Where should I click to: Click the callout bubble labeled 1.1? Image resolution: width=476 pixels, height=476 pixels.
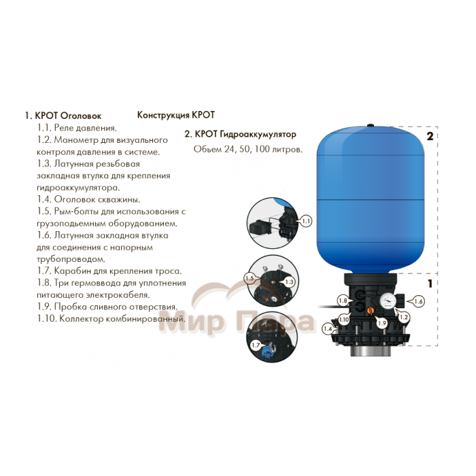pyautogui.click(x=306, y=221)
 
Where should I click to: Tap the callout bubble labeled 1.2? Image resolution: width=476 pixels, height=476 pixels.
pyautogui.click(x=403, y=318)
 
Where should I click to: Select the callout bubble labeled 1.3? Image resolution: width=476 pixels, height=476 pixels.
pyautogui.click(x=290, y=282)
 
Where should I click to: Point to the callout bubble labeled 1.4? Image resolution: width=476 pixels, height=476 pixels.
pyautogui.click(x=328, y=328)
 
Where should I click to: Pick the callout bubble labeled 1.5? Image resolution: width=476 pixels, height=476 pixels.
pyautogui.click(x=250, y=278)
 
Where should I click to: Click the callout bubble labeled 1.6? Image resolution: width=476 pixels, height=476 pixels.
pyautogui.click(x=418, y=301)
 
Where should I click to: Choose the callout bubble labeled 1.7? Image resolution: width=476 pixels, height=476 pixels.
pyautogui.click(x=256, y=345)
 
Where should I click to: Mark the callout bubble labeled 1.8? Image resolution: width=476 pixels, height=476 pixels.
pyautogui.click(x=343, y=301)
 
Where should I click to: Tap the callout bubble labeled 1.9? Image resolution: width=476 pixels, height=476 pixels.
pyautogui.click(x=382, y=323)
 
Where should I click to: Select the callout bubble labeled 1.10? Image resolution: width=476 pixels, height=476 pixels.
pyautogui.click(x=344, y=320)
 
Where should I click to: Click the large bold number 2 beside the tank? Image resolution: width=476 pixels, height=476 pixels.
pyautogui.click(x=430, y=136)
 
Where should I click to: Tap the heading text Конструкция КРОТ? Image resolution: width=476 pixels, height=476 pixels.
pyautogui.click(x=176, y=115)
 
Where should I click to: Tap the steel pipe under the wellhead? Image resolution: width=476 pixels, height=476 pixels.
pyautogui.click(x=370, y=351)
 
